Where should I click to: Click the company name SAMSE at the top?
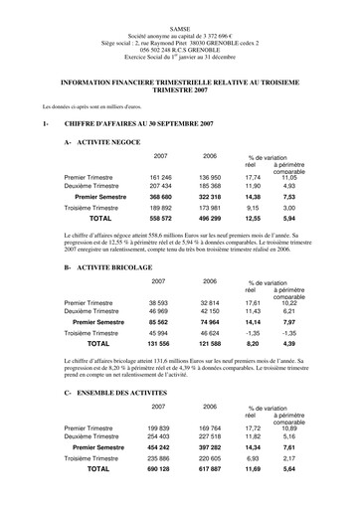coord(180,9)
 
